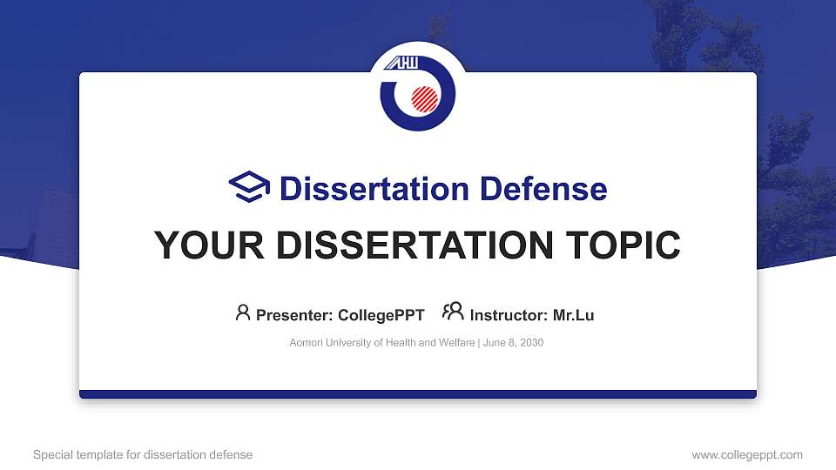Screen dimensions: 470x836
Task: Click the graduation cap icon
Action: click(x=250, y=188)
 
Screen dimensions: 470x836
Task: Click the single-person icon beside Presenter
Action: click(x=243, y=312)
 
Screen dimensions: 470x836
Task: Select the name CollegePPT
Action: click(x=382, y=315)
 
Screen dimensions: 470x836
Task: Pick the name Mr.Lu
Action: click(x=573, y=315)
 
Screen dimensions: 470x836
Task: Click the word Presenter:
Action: click(x=294, y=315)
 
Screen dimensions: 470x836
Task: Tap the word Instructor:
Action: click(x=509, y=315)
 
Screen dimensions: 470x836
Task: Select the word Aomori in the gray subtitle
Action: click(x=307, y=343)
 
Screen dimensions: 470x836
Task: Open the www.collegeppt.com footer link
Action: click(x=747, y=454)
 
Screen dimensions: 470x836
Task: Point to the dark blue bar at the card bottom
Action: click(x=418, y=394)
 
